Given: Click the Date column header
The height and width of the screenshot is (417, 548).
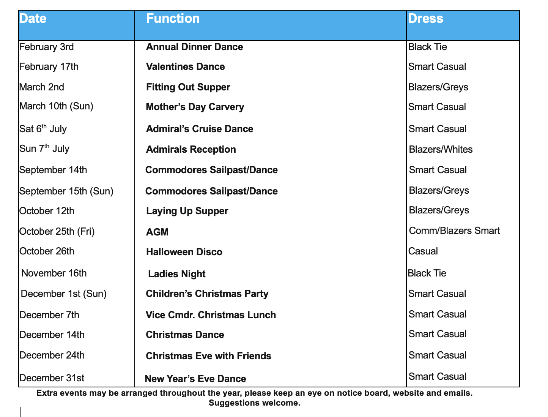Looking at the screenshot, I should click(x=33, y=19).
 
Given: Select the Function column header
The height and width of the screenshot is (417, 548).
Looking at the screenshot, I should click(x=173, y=19).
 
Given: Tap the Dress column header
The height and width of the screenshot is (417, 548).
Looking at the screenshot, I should click(x=425, y=19).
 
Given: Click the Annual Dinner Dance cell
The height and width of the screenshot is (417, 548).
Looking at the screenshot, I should click(x=194, y=47).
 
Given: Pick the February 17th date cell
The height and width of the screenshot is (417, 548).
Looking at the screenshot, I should click(x=49, y=67).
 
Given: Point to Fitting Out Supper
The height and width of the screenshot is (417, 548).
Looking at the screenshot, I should click(x=188, y=87).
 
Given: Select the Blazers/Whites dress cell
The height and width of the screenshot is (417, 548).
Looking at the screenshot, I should click(x=441, y=150).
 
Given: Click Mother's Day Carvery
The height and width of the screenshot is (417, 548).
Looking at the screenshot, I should click(x=195, y=107).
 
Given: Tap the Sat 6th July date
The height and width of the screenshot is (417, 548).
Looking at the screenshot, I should click(x=43, y=129).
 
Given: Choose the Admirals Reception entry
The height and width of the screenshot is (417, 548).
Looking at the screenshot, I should click(x=191, y=150).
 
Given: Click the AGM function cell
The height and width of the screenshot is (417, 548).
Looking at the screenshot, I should click(x=157, y=232).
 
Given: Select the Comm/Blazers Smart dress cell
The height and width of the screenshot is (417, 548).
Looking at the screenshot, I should click(x=454, y=231).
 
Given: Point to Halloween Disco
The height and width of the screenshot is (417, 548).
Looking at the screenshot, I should click(x=184, y=252).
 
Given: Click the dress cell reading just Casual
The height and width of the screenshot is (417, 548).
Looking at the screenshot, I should click(x=423, y=251).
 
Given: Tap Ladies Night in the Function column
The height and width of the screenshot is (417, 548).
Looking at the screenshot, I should click(x=176, y=274).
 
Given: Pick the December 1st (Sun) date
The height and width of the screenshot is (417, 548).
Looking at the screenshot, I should click(x=63, y=294).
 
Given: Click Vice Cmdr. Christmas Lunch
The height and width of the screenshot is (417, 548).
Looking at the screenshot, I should click(x=211, y=315).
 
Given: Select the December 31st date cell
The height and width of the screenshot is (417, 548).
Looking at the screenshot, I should click(x=52, y=378).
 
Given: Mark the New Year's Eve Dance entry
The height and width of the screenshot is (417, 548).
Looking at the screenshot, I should click(x=195, y=379).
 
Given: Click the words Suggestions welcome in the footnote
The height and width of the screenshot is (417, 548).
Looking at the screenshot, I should click(x=254, y=403).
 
